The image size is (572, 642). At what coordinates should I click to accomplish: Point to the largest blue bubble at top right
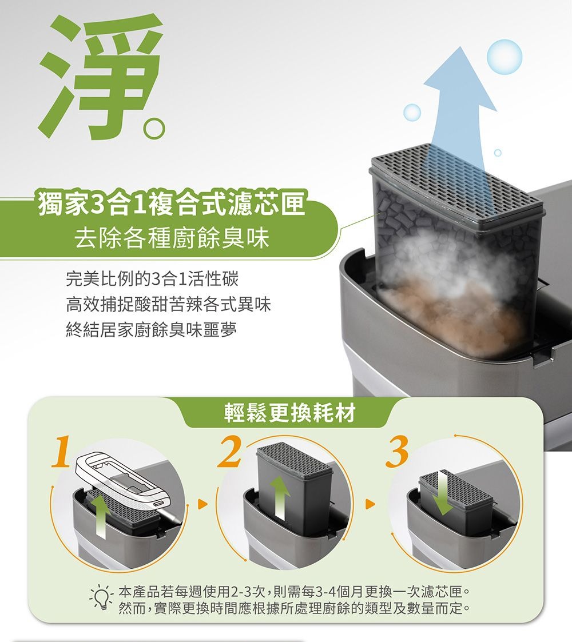click(505, 57)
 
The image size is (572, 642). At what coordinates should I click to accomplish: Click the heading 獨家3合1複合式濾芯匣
click(172, 203)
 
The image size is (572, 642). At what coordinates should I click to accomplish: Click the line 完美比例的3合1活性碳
click(152, 279)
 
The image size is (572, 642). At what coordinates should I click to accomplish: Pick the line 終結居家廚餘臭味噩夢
click(151, 329)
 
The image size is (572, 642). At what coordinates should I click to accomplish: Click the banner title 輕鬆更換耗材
click(290, 412)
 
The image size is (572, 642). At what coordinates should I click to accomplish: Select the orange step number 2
click(231, 452)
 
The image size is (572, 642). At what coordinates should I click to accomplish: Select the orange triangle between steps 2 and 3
click(371, 504)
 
